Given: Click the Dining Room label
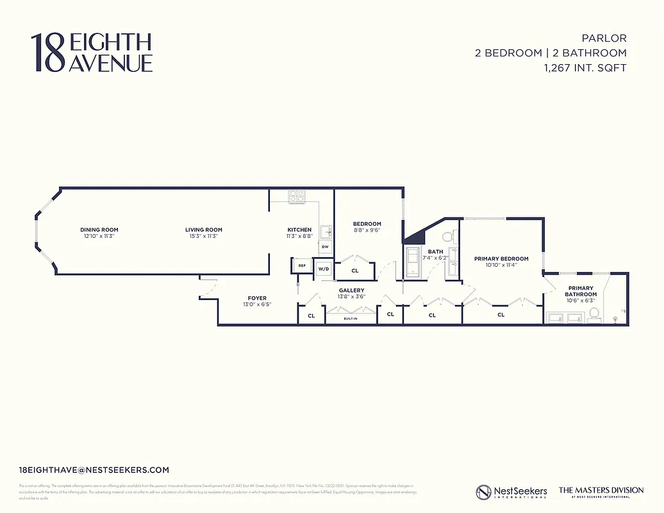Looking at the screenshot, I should (x=99, y=230).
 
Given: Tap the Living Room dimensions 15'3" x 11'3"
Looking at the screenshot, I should (x=203, y=237).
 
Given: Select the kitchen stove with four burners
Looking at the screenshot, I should (x=296, y=197).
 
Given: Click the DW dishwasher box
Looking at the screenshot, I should (x=325, y=247).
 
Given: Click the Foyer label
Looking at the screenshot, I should (x=257, y=298).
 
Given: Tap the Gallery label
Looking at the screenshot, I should (x=351, y=290).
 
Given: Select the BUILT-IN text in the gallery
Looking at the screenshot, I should (x=350, y=319).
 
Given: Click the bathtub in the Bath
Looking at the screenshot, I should (x=411, y=264).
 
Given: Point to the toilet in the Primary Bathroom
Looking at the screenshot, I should (x=593, y=314).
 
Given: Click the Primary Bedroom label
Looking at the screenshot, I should (x=501, y=258).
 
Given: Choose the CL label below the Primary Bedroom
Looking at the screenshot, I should (x=501, y=315).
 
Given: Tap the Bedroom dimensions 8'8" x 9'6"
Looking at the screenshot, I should (x=367, y=230).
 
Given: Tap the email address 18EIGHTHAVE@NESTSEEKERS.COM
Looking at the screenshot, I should (x=94, y=470).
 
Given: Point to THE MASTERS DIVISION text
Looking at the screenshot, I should (x=601, y=490).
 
